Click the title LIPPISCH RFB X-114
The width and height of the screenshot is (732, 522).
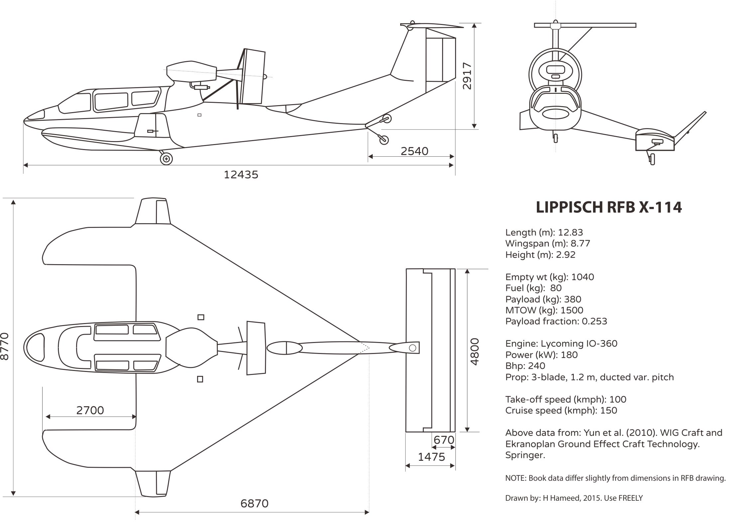click(x=609, y=207)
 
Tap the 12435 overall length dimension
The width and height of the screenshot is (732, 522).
click(x=241, y=174)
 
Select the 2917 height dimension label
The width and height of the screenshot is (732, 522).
click(x=467, y=76)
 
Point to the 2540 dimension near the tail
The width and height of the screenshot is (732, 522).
click(x=414, y=151)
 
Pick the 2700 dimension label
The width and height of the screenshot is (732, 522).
click(x=90, y=410)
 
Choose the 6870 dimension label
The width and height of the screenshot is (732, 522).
click(x=254, y=503)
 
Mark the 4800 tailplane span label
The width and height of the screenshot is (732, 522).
click(x=475, y=351)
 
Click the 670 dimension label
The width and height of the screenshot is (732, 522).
click(x=444, y=440)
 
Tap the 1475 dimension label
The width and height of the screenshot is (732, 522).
click(x=431, y=457)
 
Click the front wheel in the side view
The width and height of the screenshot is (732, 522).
click(x=166, y=159)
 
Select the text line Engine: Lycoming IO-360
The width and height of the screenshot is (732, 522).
click(x=561, y=343)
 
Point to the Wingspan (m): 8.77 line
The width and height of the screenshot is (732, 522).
click(x=548, y=243)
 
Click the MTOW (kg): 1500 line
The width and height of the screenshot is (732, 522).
click(x=544, y=310)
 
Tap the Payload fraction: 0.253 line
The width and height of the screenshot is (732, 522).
click(x=556, y=321)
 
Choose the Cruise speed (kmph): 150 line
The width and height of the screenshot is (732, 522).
click(x=561, y=410)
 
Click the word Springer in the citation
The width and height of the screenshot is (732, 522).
click(x=525, y=455)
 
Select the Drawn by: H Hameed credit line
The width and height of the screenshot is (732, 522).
click(x=574, y=498)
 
